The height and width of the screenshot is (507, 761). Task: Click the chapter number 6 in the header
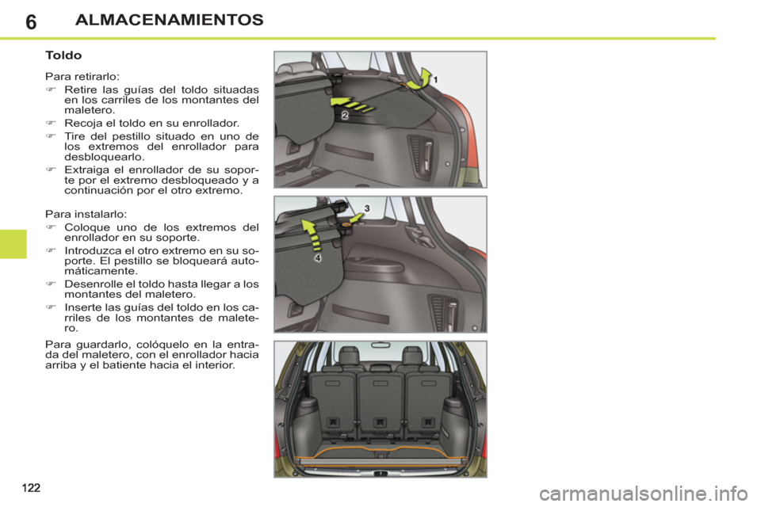point(29,21)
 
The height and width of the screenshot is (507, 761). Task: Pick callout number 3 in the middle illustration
point(366,207)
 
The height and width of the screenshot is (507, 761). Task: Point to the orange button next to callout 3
point(346,224)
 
